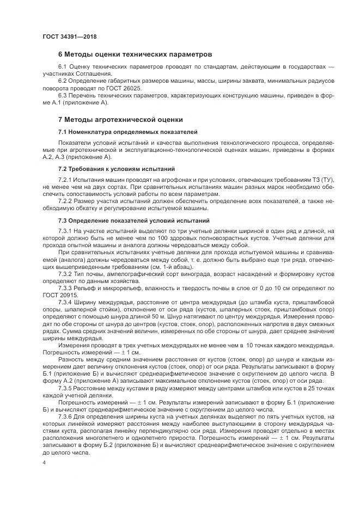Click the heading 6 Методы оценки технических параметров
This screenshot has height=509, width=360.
click(x=135, y=54)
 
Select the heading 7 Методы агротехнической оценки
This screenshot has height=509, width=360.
click(x=120, y=119)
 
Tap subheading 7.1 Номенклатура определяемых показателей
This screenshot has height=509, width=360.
click(x=127, y=132)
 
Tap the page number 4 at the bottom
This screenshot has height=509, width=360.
click(x=44, y=462)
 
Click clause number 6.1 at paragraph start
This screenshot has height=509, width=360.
click(x=63, y=66)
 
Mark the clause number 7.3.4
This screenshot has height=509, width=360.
click(x=65, y=302)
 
